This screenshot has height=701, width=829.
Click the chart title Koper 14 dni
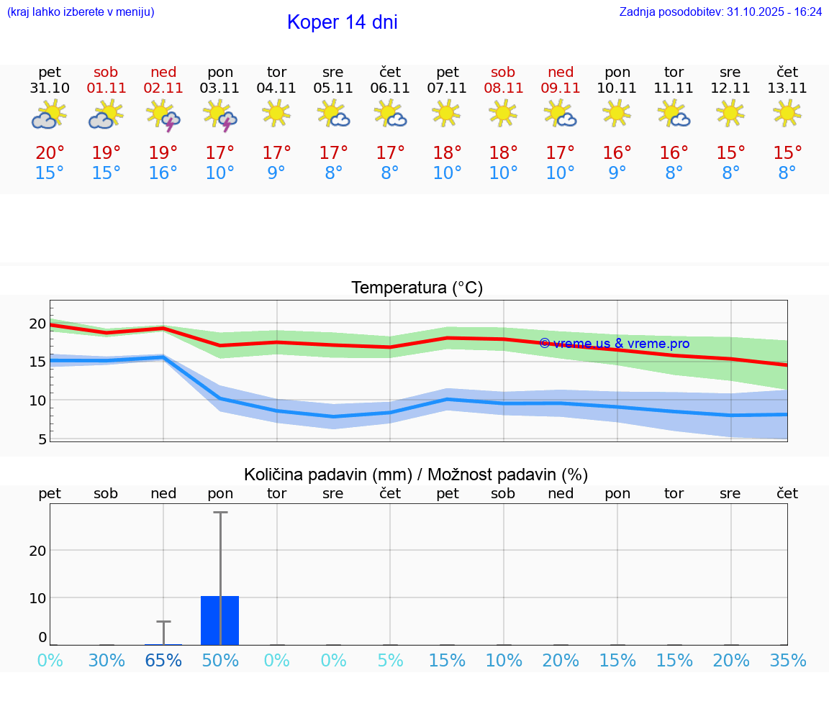[x=342, y=22]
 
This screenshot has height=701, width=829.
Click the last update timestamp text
[x=720, y=12]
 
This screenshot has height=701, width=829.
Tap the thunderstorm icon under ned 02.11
[x=163, y=116]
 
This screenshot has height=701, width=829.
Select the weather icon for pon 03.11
[x=220, y=116]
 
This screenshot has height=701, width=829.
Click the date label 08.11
[x=503, y=88]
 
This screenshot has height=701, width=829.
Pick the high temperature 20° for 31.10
[x=50, y=153]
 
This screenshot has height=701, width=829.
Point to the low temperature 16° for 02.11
[x=163, y=173]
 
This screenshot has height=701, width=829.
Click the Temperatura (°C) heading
[x=417, y=288]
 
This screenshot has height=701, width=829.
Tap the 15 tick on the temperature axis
[x=37, y=362]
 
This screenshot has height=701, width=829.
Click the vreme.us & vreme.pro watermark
[x=614, y=344]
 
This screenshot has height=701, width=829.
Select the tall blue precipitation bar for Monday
[x=220, y=620]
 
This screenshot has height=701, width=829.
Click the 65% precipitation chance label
[x=163, y=661]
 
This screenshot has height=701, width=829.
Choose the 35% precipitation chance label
[x=787, y=661]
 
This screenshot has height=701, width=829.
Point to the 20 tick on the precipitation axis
[x=37, y=551]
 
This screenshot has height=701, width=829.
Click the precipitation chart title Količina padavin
[x=415, y=475]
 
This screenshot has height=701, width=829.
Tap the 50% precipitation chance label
[x=220, y=661]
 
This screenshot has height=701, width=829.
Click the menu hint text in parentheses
[x=81, y=12]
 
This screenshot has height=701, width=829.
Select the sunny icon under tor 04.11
[x=276, y=114]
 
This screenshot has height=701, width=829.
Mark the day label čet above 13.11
[x=787, y=72]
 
